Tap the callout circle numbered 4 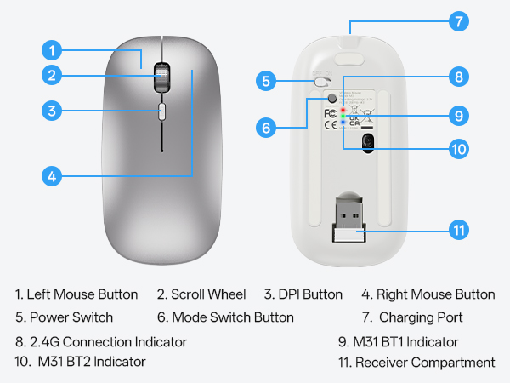coord(53,177)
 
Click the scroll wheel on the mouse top coord(161,77)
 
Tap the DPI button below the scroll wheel coord(161,111)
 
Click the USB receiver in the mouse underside coord(347,221)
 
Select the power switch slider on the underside coord(321,83)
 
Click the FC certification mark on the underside coord(331,112)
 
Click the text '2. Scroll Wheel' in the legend coord(201,294)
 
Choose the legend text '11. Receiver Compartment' coord(416,363)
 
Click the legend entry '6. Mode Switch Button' coord(225,317)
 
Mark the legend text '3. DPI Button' coord(303,294)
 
